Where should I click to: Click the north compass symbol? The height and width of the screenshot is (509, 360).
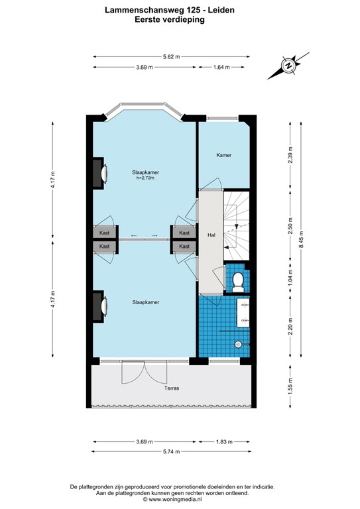289,65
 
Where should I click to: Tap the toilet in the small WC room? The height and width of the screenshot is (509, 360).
237,281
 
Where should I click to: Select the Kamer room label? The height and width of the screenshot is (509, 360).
223,155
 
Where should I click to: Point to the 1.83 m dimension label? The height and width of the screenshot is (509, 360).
225,441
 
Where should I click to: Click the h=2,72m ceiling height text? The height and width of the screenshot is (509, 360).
145,178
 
